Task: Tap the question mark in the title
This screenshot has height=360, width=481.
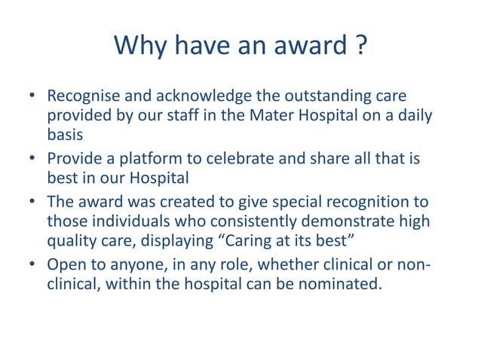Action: pos(360,47)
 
